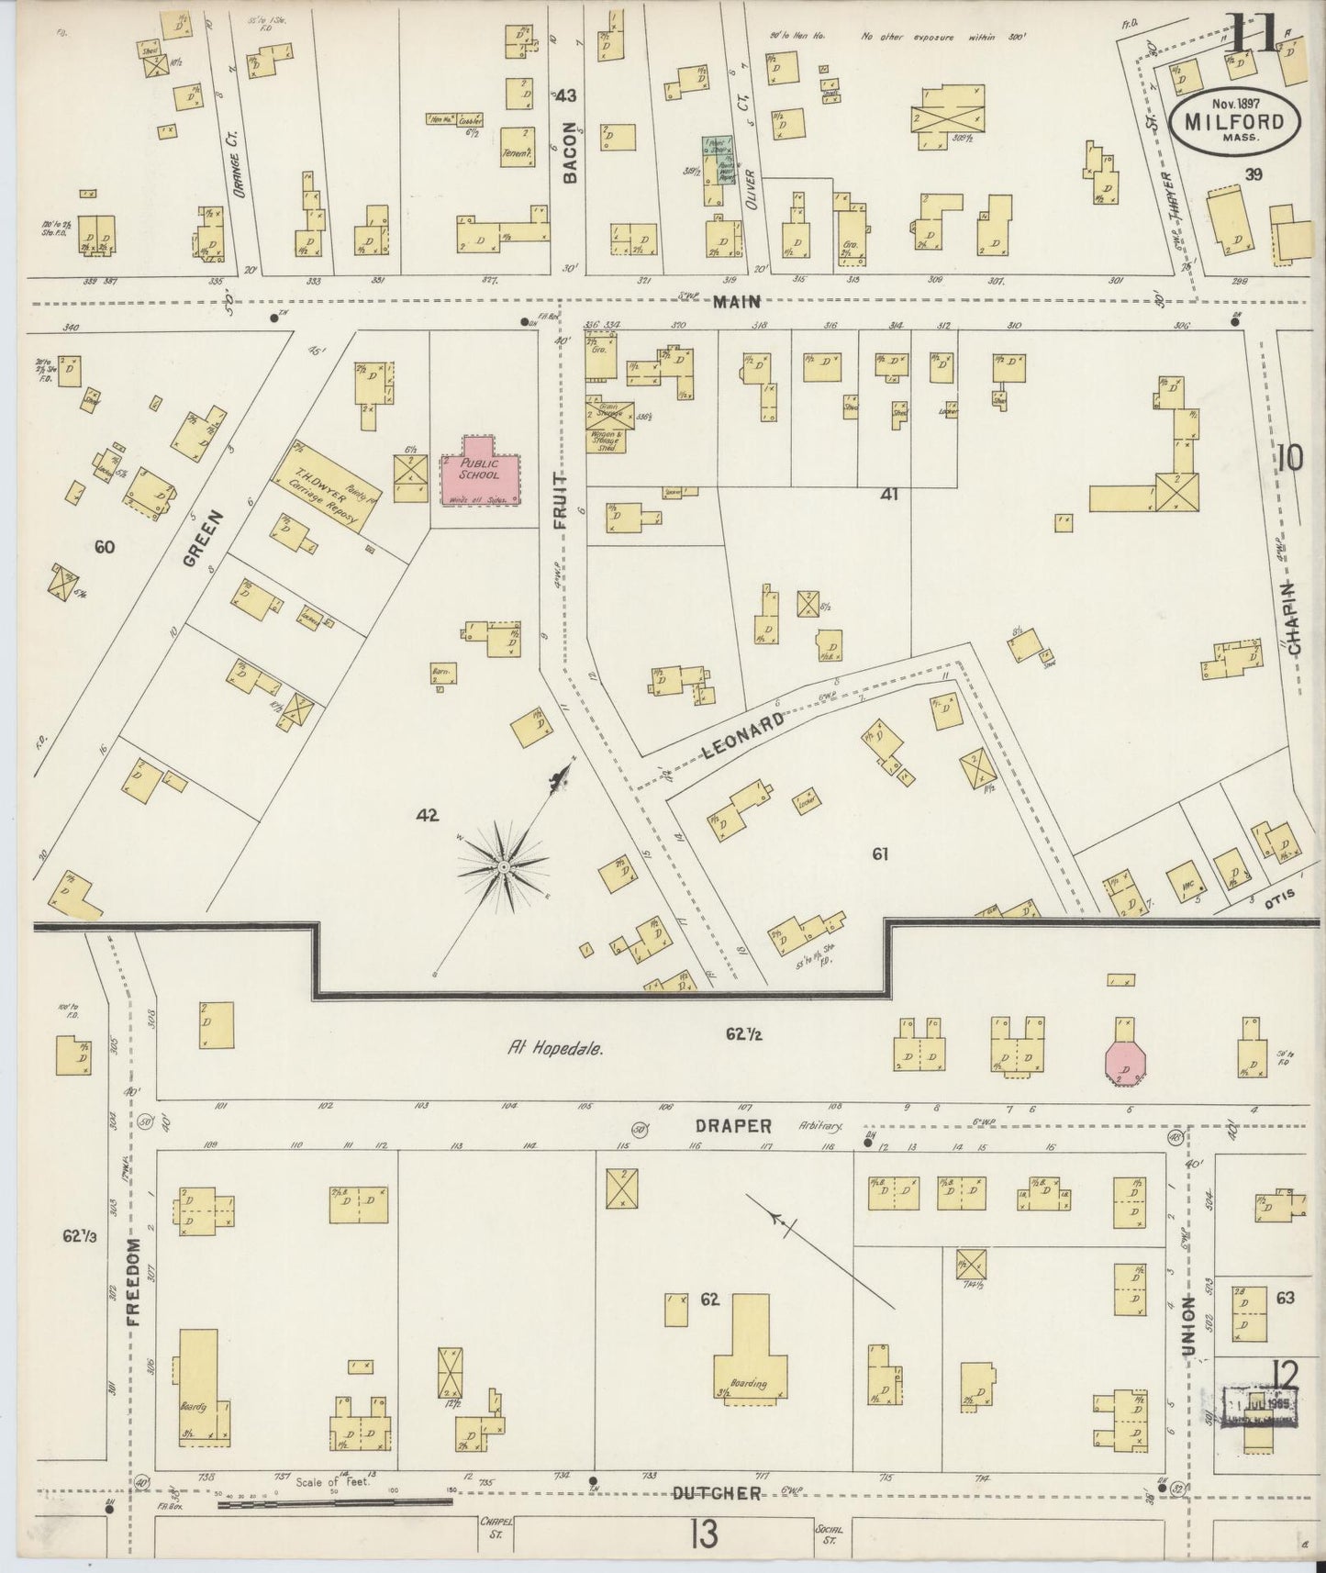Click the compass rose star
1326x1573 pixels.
(x=504, y=866)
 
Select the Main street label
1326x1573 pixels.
(x=739, y=300)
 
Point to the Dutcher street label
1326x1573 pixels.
(x=717, y=1493)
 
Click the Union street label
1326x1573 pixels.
(x=1189, y=1326)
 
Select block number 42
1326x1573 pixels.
(x=427, y=814)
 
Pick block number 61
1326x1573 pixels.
(x=880, y=853)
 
